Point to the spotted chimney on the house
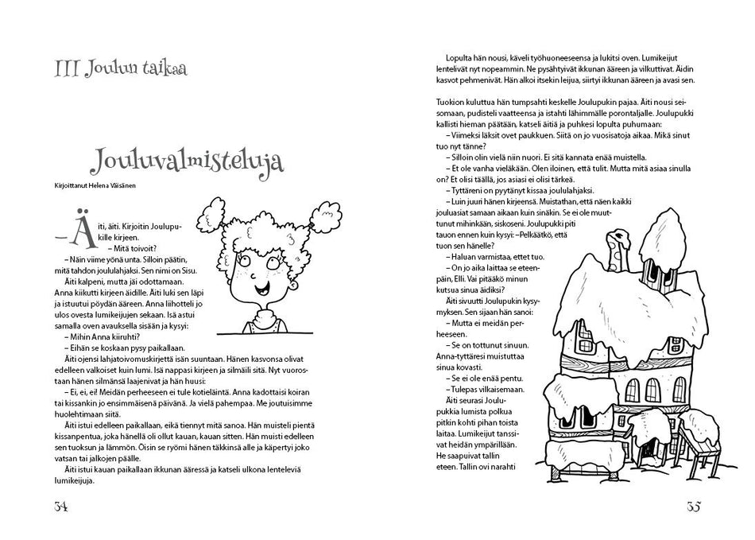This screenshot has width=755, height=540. click(618, 250)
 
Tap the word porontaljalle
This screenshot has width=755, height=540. click(625, 115)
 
